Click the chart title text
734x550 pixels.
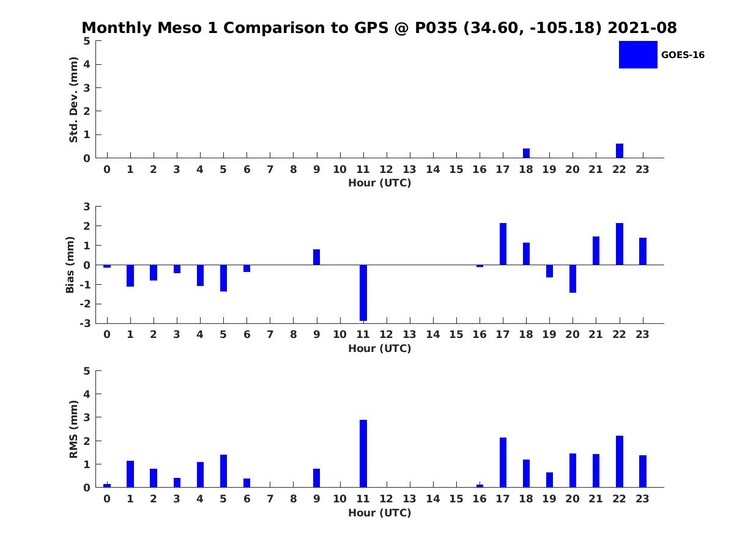coord(379,28)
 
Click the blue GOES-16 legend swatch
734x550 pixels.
coord(638,54)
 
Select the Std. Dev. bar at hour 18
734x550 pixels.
coord(526,153)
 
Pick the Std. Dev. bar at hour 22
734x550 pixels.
coord(619,150)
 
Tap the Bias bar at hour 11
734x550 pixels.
coord(363,293)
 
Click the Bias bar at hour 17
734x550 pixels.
coord(503,244)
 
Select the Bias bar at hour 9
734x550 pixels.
coord(316,257)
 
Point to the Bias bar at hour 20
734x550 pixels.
coord(573,279)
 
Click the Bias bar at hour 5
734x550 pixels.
coord(223,278)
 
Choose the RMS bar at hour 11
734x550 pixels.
coord(363,453)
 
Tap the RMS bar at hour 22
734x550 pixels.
coord(619,461)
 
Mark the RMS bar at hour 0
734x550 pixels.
coord(107,486)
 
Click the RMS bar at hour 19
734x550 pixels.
coord(549,480)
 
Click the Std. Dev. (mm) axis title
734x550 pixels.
coord(73,100)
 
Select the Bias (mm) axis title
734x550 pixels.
coord(70,265)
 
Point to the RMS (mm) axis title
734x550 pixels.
coord(73,429)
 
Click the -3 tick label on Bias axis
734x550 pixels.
coord(85,323)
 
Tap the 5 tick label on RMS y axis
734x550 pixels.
coord(87,371)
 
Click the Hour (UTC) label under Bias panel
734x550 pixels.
coord(380,348)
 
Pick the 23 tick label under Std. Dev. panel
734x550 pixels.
coord(642,169)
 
